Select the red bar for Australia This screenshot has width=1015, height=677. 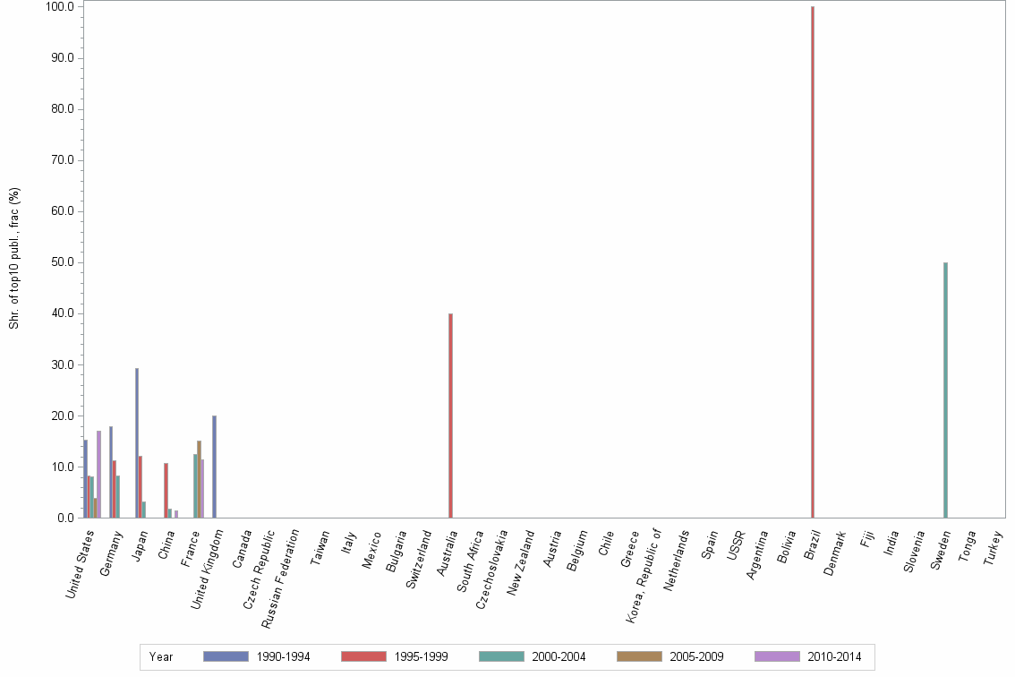[x=450, y=416]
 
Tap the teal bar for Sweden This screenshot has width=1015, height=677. [x=945, y=390]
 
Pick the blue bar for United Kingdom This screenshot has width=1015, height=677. [x=215, y=467]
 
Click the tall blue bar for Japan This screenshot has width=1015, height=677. [x=137, y=442]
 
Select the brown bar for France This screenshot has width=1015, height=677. [x=199, y=479]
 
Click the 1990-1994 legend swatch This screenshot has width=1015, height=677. [x=226, y=656]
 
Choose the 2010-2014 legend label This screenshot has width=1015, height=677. [x=834, y=656]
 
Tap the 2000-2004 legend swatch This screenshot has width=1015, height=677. [x=501, y=656]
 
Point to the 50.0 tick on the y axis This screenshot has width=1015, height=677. [x=62, y=262]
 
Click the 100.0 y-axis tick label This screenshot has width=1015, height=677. [x=59, y=7]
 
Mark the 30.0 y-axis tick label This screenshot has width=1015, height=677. [x=62, y=365]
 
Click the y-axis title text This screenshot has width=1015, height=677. [x=14, y=258]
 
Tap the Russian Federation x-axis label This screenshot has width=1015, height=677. [x=279, y=578]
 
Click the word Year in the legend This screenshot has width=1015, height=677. [x=162, y=656]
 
